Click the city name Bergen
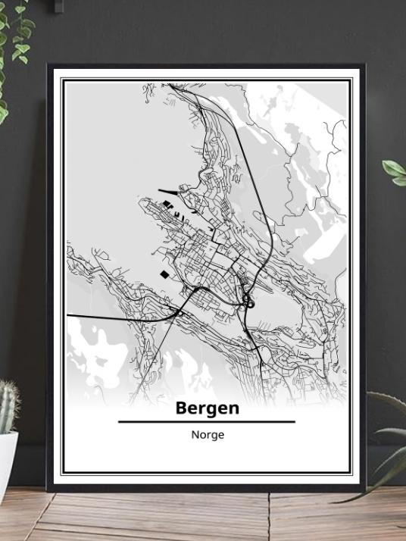pyautogui.click(x=207, y=408)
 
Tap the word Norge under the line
pyautogui.click(x=207, y=435)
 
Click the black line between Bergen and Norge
pyautogui.click(x=207, y=421)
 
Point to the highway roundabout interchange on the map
pyautogui.click(x=248, y=302)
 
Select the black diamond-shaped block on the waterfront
pyautogui.click(x=164, y=274)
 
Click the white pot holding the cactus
pyautogui.click(x=8, y=462)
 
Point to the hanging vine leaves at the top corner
pyautogui.click(x=15, y=38)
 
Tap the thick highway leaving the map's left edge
pyautogui.click(x=98, y=315)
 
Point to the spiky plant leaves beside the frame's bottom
pyautogui.click(x=386, y=447)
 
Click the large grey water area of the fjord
pyautogui.click(x=114, y=152)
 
